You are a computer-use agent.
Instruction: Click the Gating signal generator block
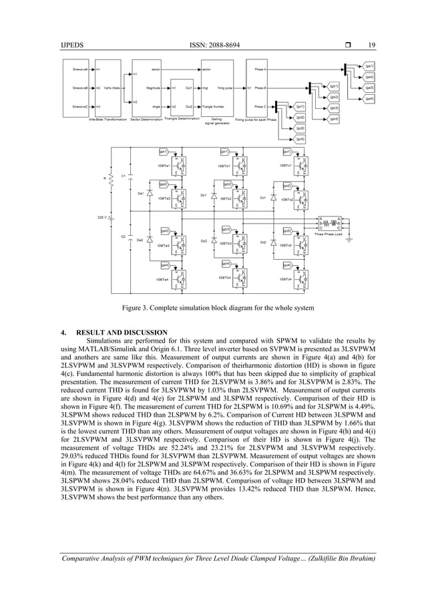[x=217, y=87]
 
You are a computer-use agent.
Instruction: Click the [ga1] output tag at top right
[x=369, y=66]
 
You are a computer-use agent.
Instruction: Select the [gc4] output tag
[x=300, y=139]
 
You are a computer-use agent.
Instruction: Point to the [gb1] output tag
[x=335, y=86]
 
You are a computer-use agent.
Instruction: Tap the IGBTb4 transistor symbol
[x=242, y=278]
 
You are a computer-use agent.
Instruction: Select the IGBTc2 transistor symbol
[x=302, y=198]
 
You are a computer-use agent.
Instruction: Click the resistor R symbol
[x=112, y=179]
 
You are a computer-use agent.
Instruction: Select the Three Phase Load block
[x=330, y=224]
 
